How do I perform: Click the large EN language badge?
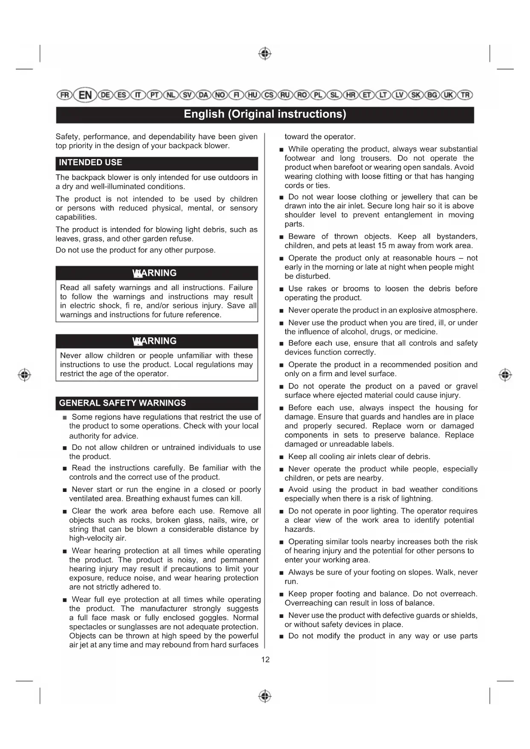pos(85,95)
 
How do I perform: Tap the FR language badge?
pos(64,95)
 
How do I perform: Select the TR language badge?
pos(465,95)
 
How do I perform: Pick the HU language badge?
pos(253,95)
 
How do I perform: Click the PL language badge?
pos(318,95)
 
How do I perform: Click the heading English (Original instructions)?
pos(265,114)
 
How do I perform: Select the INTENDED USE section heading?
pos(91,163)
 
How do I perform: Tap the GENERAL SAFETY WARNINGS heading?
pos(123,403)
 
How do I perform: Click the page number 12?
pos(265,660)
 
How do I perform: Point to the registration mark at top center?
pos(265,54)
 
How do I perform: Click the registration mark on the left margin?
pos(24,375)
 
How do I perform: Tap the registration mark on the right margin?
pos(505,375)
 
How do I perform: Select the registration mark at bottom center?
pos(265,696)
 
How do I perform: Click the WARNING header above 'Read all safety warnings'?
pos(155,273)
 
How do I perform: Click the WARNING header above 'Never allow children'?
pos(155,341)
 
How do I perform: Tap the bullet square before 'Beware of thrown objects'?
pos(281,237)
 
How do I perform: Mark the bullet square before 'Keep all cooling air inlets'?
pos(281,457)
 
